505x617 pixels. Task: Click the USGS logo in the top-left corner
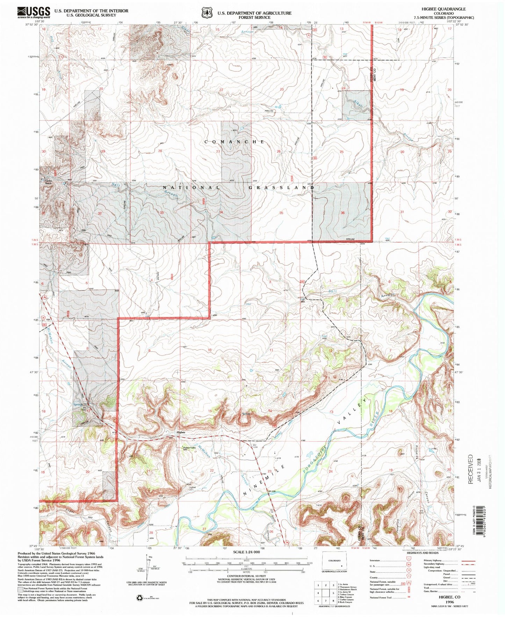(34, 13)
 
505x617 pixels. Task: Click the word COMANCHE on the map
(234, 142)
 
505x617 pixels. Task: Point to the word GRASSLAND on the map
(281, 188)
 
